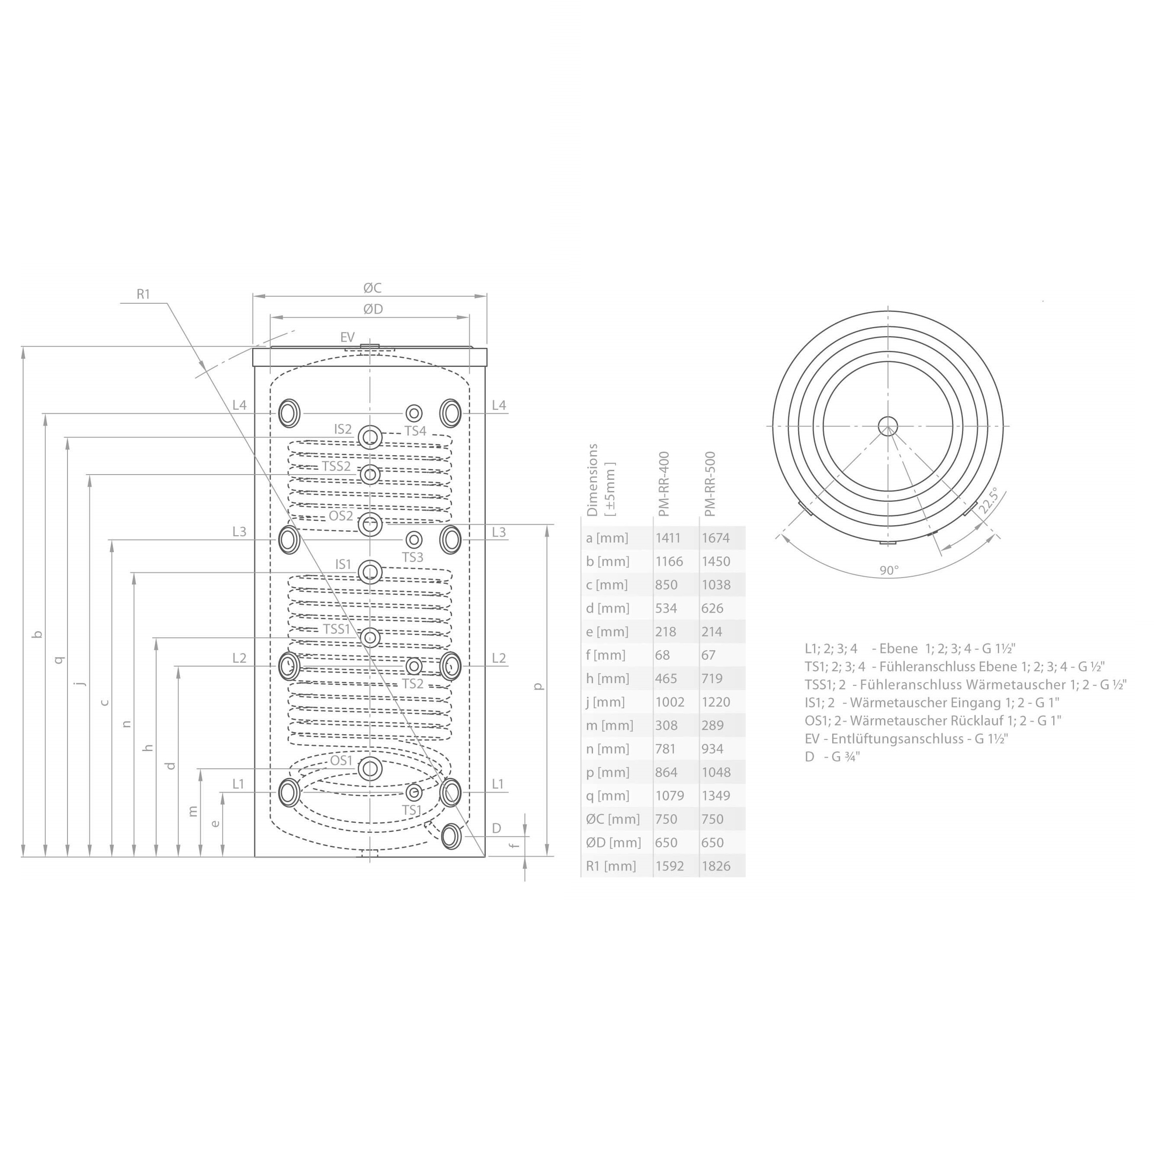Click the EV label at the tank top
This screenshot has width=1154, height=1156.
348,337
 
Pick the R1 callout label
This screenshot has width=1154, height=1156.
144,294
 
